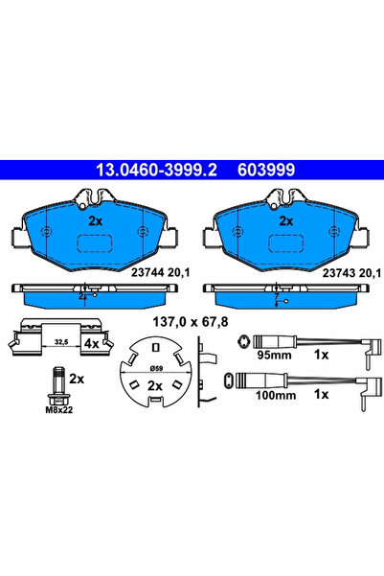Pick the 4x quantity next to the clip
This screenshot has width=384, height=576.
[x=92, y=341]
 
